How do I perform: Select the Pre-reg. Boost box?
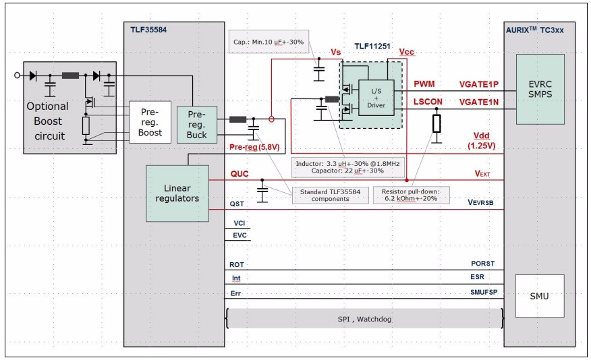click(150, 122)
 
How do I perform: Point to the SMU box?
click(540, 295)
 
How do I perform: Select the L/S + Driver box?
click(376, 98)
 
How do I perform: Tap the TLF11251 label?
click(372, 47)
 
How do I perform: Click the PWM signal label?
click(424, 84)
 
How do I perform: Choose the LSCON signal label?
click(428, 102)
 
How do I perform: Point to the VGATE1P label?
click(478, 84)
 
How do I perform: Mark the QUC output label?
click(239, 174)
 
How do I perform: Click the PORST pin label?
click(482, 264)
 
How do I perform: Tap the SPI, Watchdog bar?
click(365, 318)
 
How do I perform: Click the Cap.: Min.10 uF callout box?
click(269, 42)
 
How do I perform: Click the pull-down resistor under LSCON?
click(437, 123)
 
